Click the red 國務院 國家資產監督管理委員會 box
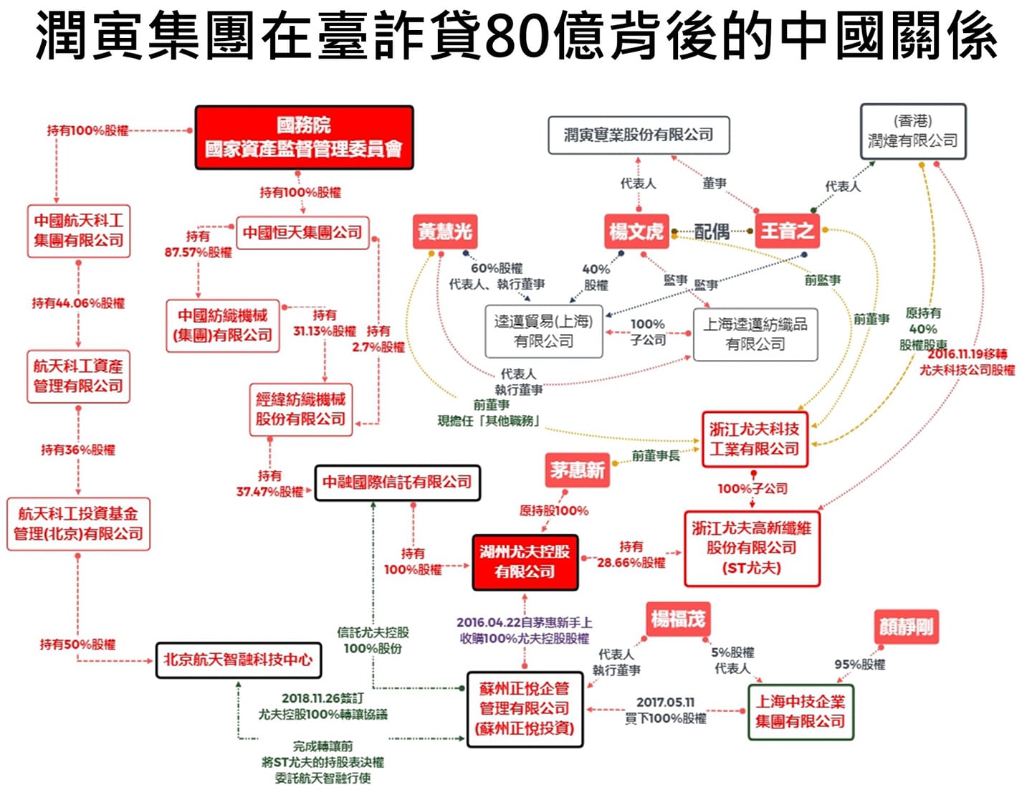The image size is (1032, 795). coord(304,138)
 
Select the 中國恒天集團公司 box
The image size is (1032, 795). coord(302,232)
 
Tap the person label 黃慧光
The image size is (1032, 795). coord(444,232)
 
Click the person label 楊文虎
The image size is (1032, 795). coord(636,232)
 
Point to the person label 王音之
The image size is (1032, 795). coord(787,231)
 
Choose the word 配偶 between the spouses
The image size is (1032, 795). coord(712,232)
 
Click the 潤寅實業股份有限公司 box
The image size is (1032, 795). coord(639,135)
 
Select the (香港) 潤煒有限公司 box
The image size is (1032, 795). coord(912,131)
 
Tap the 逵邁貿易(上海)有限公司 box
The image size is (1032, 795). coord(544,331)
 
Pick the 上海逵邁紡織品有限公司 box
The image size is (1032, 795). coord(755,334)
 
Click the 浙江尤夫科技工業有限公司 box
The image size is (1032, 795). coord(754,439)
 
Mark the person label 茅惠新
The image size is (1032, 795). coord(577,470)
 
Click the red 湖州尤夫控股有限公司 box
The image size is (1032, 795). coord(525,562)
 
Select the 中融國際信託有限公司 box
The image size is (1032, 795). coord(397,482)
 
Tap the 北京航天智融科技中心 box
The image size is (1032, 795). coord(238,660)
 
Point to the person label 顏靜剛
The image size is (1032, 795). coord(906,627)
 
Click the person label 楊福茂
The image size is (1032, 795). coord(677,619)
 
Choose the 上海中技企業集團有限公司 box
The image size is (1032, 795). coord(800,712)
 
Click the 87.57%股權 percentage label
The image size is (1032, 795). coord(198,252)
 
